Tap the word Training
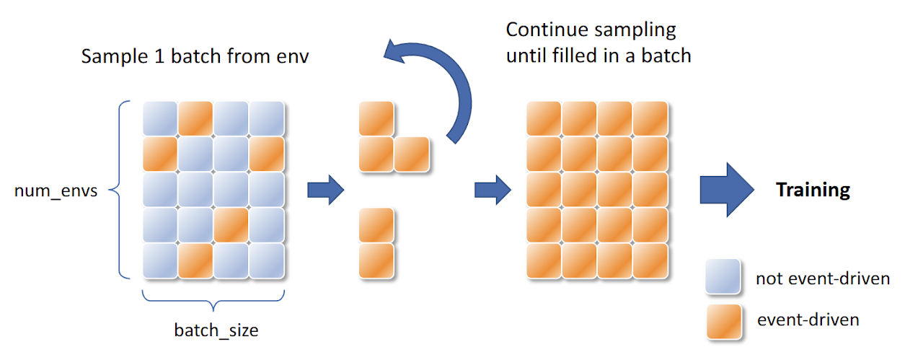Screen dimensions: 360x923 click(x=813, y=190)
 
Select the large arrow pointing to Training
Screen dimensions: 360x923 click(x=725, y=190)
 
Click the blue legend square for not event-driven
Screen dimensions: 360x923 click(x=723, y=278)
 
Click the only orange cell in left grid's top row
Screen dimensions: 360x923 click(x=195, y=118)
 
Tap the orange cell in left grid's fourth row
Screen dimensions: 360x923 click(x=231, y=225)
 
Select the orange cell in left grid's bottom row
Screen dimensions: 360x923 click(x=195, y=260)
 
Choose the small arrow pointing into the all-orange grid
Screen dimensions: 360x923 click(x=492, y=190)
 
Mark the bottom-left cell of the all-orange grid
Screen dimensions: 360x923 click(x=544, y=260)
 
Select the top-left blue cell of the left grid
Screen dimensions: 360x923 click(x=160, y=118)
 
